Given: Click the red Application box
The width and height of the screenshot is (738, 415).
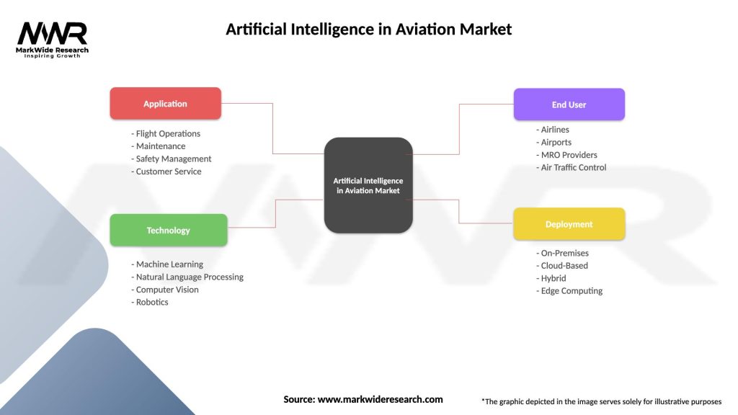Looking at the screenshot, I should click(165, 104).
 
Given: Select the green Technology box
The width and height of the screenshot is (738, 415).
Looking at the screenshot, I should click(168, 231).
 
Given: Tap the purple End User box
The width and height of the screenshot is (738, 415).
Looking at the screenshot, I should click(569, 104).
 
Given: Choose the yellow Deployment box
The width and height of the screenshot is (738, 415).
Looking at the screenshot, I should click(569, 224).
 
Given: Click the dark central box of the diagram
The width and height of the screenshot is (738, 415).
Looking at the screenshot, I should click(368, 185).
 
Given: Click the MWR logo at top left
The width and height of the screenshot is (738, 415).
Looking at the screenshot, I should click(53, 39).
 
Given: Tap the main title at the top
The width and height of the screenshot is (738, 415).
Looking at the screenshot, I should click(368, 30).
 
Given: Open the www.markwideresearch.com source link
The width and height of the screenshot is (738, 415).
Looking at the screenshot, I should click(381, 399).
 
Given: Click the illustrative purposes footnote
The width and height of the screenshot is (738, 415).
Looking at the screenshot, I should click(601, 401).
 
